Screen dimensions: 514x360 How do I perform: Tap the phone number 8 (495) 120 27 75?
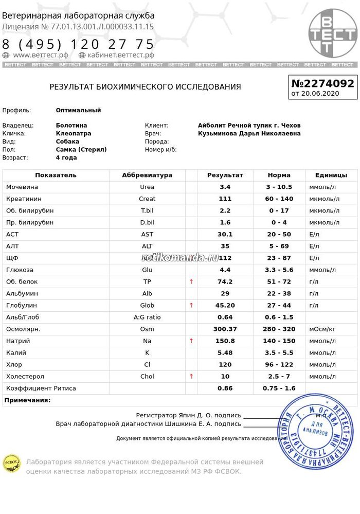tap(78, 44)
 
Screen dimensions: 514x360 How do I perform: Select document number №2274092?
tap(322, 83)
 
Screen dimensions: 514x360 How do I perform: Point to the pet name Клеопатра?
tap(74, 133)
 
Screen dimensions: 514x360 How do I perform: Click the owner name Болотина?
tap(71, 125)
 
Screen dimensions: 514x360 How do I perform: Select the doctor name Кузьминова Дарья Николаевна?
tap(249, 133)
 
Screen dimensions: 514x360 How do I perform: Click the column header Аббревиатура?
tap(147, 175)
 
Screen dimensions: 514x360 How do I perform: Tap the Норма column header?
tap(279, 175)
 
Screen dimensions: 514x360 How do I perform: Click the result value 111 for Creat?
tap(225, 199)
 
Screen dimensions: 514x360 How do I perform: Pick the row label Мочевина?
tap(22, 187)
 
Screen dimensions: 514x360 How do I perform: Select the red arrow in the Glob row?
tap(191, 306)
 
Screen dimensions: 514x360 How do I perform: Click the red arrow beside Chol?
tap(191, 377)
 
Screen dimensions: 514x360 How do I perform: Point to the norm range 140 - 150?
tap(279, 341)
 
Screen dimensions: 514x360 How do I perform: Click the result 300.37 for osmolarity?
tap(225, 329)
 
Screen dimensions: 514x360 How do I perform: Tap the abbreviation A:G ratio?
tap(147, 317)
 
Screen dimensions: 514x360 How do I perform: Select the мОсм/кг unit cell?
tap(322, 329)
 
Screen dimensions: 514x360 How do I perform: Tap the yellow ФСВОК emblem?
tap(11, 462)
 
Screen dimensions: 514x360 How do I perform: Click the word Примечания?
tap(27, 400)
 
